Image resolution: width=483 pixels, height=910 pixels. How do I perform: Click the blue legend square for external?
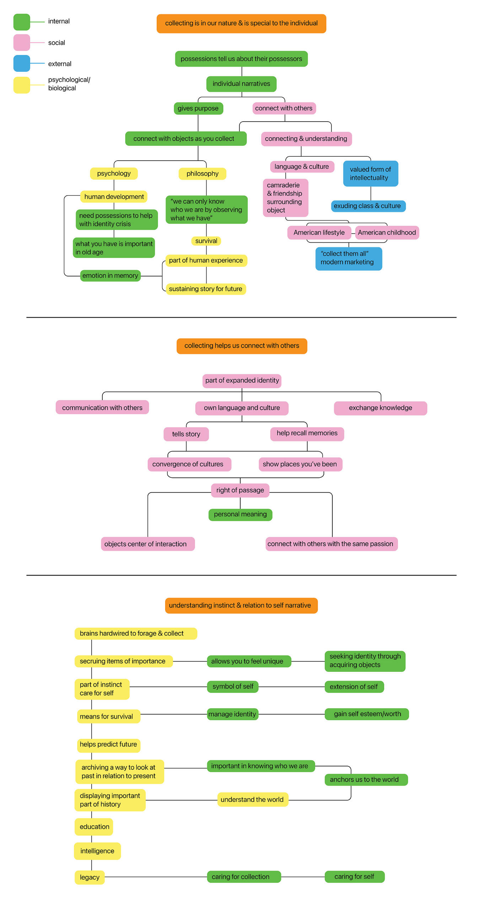[22, 64]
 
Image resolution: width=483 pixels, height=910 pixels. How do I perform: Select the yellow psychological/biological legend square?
[22, 85]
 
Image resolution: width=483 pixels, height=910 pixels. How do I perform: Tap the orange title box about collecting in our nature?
[241, 23]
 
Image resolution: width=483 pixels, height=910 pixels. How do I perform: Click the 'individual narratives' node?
[241, 84]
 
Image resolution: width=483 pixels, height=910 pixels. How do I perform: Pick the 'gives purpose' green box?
[198, 108]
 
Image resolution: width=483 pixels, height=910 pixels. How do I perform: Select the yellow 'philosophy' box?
[202, 174]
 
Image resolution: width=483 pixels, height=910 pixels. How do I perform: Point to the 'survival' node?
[206, 241]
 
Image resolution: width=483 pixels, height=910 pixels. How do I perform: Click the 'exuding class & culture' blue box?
[368, 206]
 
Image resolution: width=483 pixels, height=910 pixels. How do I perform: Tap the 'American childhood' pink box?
[387, 233]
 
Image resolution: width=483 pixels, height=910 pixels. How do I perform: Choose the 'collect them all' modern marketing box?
[348, 258]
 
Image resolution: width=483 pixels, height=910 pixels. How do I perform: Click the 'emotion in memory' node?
[110, 276]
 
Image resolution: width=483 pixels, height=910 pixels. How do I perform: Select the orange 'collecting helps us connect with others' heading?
[242, 346]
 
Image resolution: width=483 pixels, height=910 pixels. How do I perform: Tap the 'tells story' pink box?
[186, 434]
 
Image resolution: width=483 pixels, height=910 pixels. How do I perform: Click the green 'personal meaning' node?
[240, 514]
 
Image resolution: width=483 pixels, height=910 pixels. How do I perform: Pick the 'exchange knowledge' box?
[380, 408]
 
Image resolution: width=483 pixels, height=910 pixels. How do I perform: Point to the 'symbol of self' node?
[233, 686]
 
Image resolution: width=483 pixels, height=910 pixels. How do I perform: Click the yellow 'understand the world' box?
[252, 799]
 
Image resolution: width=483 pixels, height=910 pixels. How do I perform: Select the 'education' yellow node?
[94, 827]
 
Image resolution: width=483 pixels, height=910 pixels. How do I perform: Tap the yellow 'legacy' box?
[90, 877]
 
